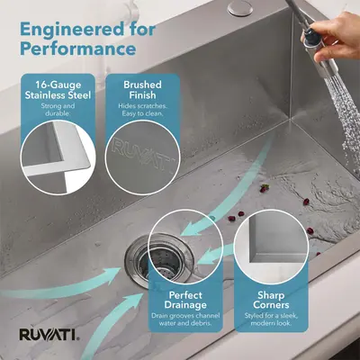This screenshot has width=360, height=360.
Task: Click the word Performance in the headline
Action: pos(78,49)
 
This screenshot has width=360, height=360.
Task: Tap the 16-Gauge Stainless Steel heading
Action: pos(58,90)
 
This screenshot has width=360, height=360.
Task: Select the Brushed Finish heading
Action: pos(142,90)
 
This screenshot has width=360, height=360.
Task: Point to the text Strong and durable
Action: pos(58,110)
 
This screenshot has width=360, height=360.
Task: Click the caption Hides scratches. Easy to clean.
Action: pos(142,110)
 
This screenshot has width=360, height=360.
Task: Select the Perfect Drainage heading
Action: pos(185,300)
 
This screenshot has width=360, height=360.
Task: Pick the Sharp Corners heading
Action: pos(271,300)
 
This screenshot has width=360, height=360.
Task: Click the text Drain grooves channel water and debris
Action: pos(185,319)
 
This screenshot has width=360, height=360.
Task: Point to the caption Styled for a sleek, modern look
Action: pos(271,319)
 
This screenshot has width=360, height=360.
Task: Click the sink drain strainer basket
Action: pos(158,260)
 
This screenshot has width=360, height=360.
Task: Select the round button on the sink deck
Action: pos(240,8)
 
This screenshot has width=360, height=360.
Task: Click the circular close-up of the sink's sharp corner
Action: pos(271,247)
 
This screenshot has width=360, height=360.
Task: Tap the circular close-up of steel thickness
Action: pos(58,157)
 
